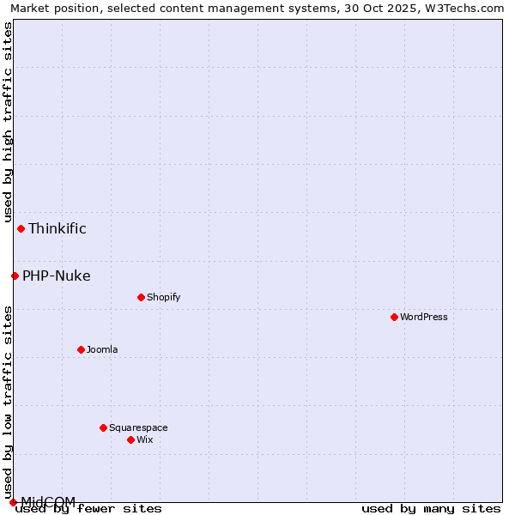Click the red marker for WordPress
coord(394,317)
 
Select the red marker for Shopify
coord(141,297)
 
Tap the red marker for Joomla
coord(81,349)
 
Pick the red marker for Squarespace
coord(103,427)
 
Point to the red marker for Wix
coord(130,439)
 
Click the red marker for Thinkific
coord(21,228)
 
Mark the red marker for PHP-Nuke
coord(15,276)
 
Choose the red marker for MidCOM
coord(13,502)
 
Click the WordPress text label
coord(424,317)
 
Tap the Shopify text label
coord(163,297)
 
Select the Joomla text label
coord(102,349)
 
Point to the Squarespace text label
coord(138,427)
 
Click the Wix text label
coord(144,439)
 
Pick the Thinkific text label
coord(58,228)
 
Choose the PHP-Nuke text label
coord(57,276)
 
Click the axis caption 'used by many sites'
coord(431,509)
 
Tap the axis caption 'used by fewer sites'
coord(89,509)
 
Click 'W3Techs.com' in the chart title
coord(469,8)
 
